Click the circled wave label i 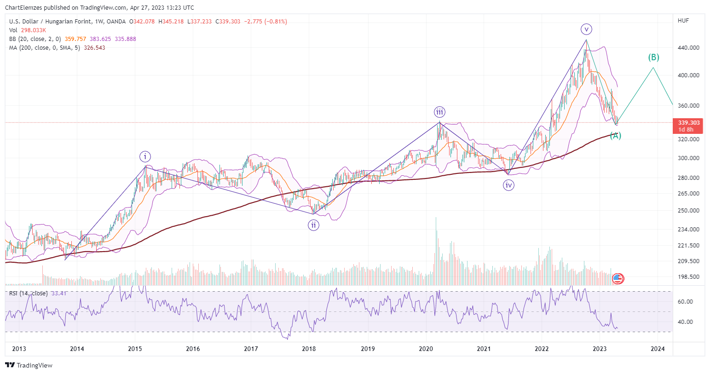pyautogui.click(x=145, y=156)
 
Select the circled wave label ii pyautogui.click(x=313, y=225)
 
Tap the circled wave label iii pyautogui.click(x=439, y=112)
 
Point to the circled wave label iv pyautogui.click(x=509, y=185)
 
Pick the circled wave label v pyautogui.click(x=586, y=29)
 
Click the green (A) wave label pyautogui.click(x=616, y=136)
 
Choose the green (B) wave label pyautogui.click(x=653, y=58)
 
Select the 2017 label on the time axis pyautogui.click(x=251, y=349)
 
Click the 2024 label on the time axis pyautogui.click(x=658, y=349)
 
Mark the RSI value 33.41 pyautogui.click(x=59, y=293)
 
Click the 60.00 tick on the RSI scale pyautogui.click(x=685, y=302)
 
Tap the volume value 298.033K pyautogui.click(x=33, y=30)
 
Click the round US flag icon pyautogui.click(x=618, y=279)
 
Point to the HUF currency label pyautogui.click(x=683, y=21)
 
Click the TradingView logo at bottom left pyautogui.click(x=29, y=365)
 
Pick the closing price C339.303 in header pyautogui.click(x=228, y=22)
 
